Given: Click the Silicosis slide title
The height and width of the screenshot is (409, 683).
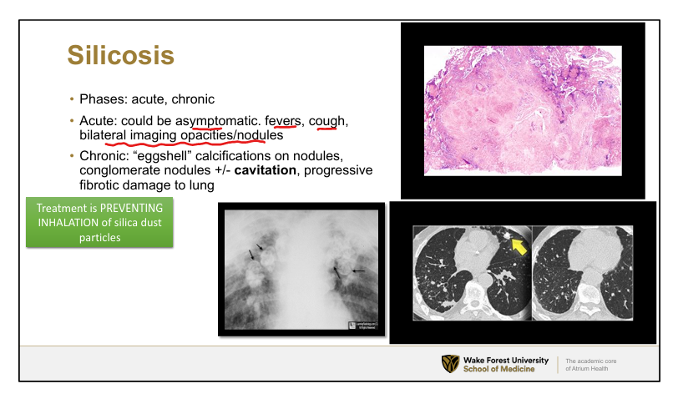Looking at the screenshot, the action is tap(121, 55).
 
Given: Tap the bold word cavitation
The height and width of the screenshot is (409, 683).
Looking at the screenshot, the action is tap(266, 170).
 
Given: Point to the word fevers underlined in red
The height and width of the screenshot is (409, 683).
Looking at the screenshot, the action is tap(284, 121).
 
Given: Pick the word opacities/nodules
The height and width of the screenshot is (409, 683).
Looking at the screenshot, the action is tap(232, 135).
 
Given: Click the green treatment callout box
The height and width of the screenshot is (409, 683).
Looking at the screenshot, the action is tap(99, 223).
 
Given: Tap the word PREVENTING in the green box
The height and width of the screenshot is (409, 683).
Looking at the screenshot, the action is tap(132, 208).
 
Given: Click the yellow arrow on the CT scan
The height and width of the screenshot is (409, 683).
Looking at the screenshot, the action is tap(519, 245).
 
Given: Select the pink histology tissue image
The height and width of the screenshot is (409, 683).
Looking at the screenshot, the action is tap(523, 111).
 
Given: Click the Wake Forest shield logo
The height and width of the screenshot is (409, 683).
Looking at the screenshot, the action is tap(450, 364).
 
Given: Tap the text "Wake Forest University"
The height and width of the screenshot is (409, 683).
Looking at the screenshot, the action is tap(506, 361).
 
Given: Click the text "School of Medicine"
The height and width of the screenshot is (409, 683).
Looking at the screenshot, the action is tap(498, 369).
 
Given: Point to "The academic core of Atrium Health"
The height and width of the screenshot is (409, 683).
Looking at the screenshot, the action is tap(590, 365).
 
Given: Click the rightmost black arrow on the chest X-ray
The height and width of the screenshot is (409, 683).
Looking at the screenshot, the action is tap(358, 271).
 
